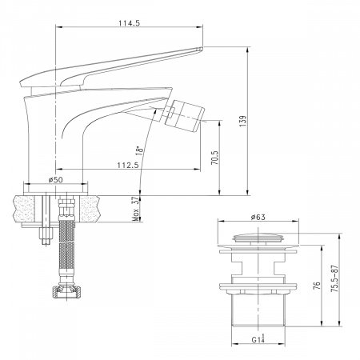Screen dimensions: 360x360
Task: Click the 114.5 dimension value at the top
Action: coord(129,23)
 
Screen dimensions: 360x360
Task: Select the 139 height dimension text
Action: coord(243,121)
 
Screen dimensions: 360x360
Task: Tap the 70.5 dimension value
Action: coord(215,158)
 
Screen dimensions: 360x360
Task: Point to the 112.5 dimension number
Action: coord(128,166)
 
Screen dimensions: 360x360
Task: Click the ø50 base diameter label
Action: coord(56,180)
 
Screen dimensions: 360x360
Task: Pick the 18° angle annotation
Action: coord(139,150)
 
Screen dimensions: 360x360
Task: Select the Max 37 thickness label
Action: coord(136,209)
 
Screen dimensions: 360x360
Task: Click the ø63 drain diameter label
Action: coord(258,218)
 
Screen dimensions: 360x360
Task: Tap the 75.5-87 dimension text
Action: coord(334,278)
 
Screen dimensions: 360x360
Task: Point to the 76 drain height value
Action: coord(317,286)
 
